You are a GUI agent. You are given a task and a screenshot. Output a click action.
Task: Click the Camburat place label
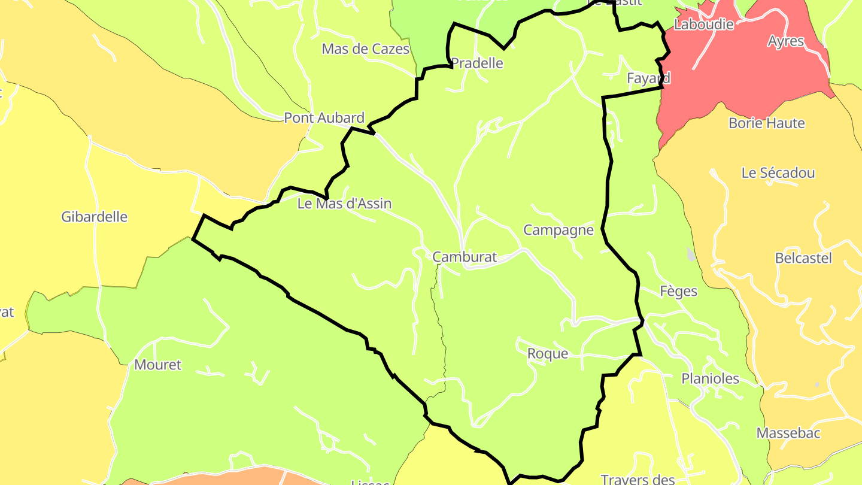tap(465, 257)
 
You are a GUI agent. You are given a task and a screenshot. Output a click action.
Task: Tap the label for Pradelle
tap(476, 63)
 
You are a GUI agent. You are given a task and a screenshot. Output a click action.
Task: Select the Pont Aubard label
tap(324, 118)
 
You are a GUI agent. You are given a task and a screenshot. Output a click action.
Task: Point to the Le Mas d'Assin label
tap(344, 204)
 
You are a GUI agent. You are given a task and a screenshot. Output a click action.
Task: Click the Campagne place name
tap(559, 230)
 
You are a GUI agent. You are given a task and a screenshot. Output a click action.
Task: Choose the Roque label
tap(547, 354)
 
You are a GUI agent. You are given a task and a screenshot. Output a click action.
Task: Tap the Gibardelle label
tap(94, 217)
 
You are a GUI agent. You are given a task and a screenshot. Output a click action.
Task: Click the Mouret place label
tap(157, 365)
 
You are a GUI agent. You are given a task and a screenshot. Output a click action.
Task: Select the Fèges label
tap(678, 291)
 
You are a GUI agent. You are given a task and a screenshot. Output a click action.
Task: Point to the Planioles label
tap(710, 379)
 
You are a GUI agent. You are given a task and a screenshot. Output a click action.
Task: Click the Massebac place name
tap(788, 433)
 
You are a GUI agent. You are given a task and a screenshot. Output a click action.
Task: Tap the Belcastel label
tap(803, 259)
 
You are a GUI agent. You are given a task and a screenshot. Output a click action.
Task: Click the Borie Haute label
tap(766, 123)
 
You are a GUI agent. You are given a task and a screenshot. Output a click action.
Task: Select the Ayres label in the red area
tap(786, 41)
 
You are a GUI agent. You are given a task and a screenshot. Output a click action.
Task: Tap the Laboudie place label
tap(703, 25)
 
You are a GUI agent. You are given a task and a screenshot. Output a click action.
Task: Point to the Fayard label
tap(648, 78)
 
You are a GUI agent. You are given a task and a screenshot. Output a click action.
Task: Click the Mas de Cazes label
tap(365, 49)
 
